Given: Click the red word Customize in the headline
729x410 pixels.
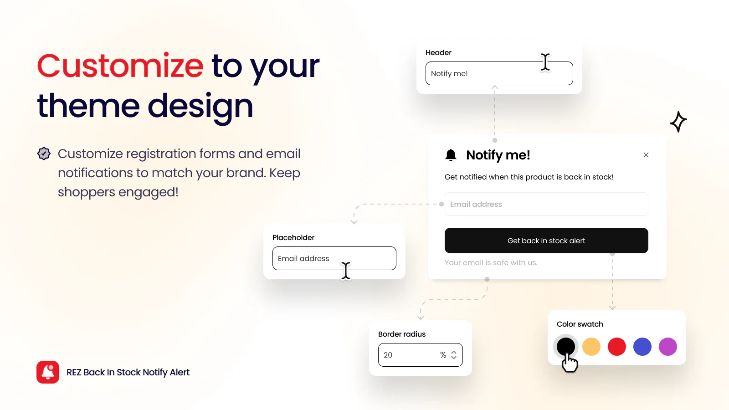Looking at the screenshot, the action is [x=120, y=66].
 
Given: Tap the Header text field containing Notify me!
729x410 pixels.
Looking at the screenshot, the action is [x=499, y=73].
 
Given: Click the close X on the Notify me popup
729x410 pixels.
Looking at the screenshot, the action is [x=646, y=155].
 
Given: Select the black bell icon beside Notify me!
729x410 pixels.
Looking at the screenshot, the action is [x=451, y=155].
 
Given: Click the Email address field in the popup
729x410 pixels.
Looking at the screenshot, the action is [x=546, y=204].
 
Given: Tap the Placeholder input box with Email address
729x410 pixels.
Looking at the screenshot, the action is [x=334, y=258].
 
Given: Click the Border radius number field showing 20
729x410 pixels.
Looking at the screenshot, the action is [x=420, y=355].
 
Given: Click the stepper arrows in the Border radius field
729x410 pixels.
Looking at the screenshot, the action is [x=454, y=355].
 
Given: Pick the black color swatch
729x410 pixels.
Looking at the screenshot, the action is [x=565, y=347].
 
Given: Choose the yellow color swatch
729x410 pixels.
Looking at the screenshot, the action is [x=591, y=347].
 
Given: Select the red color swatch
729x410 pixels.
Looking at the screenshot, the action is [x=617, y=347].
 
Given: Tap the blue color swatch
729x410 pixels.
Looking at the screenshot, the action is [x=642, y=347].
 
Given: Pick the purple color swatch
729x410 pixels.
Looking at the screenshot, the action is [x=668, y=347].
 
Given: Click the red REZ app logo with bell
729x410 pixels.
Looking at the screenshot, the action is [x=48, y=372].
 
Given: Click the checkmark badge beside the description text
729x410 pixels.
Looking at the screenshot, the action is [x=44, y=154].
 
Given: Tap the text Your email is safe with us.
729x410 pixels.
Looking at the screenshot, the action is [x=491, y=262].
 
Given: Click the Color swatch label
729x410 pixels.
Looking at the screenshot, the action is [x=580, y=324].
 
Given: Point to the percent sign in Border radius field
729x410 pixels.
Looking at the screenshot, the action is [x=443, y=355].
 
